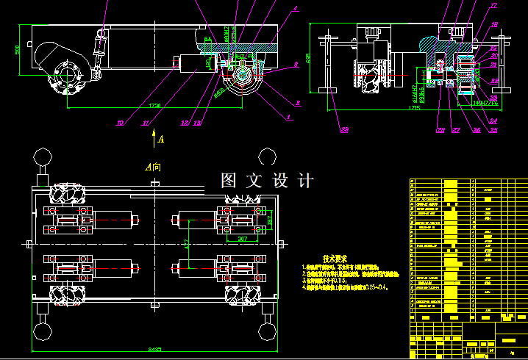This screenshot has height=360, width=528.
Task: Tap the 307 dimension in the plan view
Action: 243,239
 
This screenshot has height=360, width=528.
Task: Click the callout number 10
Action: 120,123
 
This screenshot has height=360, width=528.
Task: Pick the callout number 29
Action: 345,131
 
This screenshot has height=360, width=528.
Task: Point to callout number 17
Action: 493,6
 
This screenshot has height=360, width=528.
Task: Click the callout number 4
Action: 295,10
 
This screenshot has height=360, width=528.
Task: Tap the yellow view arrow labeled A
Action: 153,137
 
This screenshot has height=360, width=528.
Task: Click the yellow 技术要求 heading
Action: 335,259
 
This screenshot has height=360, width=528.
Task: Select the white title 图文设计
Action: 267,180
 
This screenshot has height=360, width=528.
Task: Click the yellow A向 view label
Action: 153,168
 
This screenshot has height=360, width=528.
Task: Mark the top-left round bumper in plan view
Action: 43,156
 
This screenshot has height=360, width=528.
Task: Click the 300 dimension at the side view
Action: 17,50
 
